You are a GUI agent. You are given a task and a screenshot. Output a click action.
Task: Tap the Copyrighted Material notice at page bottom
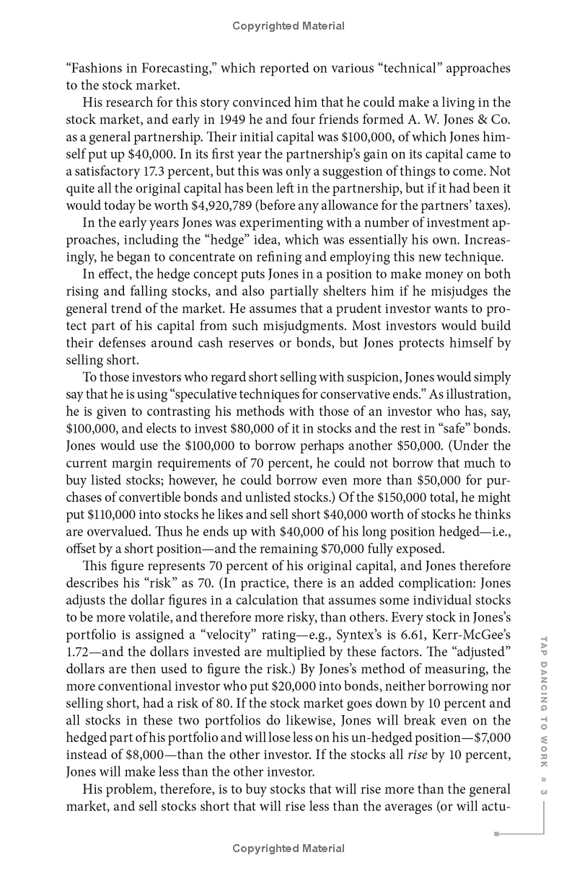288,848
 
